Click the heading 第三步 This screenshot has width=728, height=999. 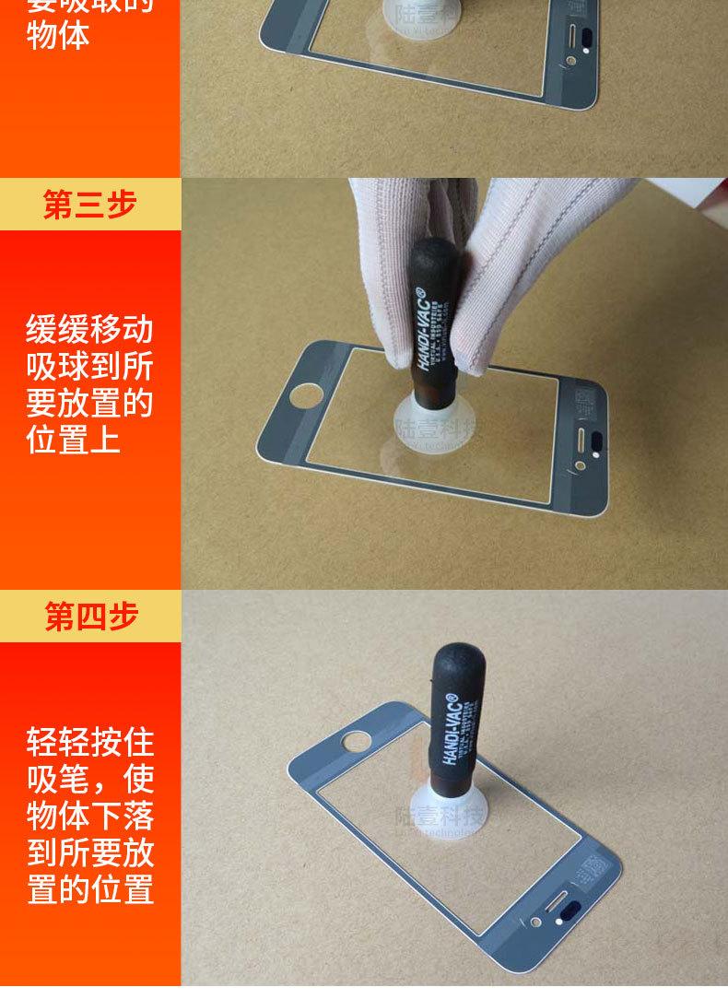coord(89,205)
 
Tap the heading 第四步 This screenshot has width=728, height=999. coord(90,617)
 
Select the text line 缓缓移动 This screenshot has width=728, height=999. coord(89,329)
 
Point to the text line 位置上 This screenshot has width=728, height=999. coord(73,440)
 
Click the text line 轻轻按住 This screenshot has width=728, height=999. coord(89,742)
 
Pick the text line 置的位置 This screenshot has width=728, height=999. coord(89,890)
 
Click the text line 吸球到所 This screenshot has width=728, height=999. coord(89,366)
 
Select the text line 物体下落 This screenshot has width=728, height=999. coord(89,817)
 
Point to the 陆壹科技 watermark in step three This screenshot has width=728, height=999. coord(437,427)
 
